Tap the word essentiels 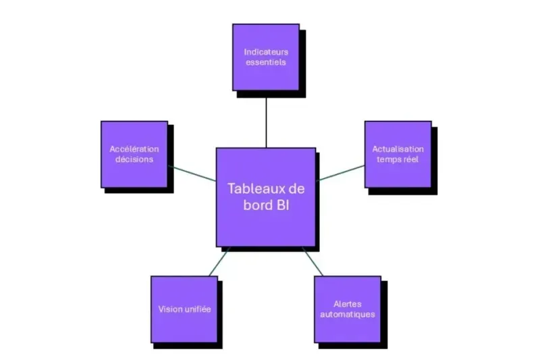(x=265, y=62)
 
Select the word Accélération (x=134, y=149)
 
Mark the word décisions (x=134, y=159)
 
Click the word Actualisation (x=398, y=149)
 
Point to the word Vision (x=169, y=309)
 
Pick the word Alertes (x=348, y=303)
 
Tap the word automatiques (x=348, y=314)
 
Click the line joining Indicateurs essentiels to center (x=266, y=119)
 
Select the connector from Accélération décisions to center (x=192, y=173)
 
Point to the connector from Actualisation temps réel (x=340, y=173)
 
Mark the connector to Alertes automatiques (x=313, y=261)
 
